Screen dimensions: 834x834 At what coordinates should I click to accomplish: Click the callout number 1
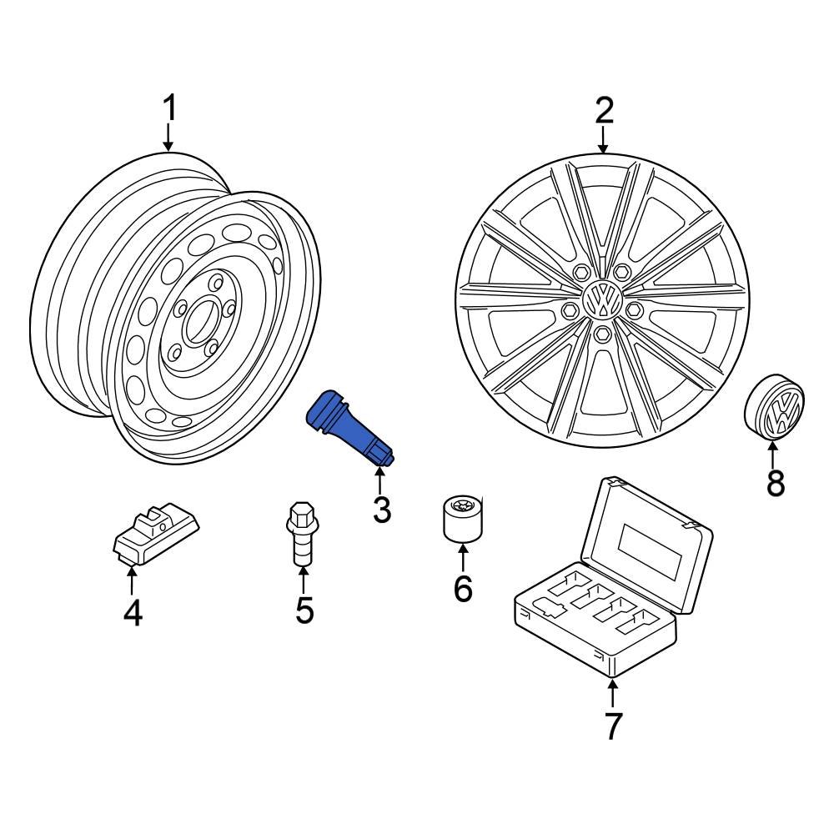coord(169,109)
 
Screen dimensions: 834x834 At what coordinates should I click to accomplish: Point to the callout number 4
coord(133,613)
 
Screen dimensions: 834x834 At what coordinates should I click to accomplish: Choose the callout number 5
coord(304,610)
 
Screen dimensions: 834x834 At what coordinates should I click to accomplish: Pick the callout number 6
coord(463,589)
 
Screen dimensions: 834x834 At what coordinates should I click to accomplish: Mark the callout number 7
coord(613,726)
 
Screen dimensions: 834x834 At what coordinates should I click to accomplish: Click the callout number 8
coord(776,482)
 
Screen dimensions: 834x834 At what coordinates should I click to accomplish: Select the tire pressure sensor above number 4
coord(156,536)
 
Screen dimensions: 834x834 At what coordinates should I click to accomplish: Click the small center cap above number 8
coord(773,409)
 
